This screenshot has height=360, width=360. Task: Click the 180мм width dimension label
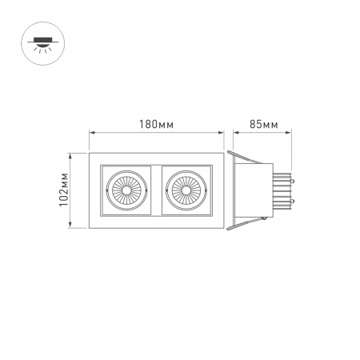pyautogui.click(x=155, y=124)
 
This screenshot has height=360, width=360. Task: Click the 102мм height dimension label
pyautogui.click(x=65, y=192)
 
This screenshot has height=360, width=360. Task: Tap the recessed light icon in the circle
pyautogui.click(x=38, y=41)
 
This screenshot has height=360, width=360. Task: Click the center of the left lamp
pyautogui.click(x=126, y=191)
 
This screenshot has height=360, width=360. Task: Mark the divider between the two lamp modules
pyautogui.click(x=155, y=191)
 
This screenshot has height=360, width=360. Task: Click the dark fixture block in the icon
pyautogui.click(x=38, y=36)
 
